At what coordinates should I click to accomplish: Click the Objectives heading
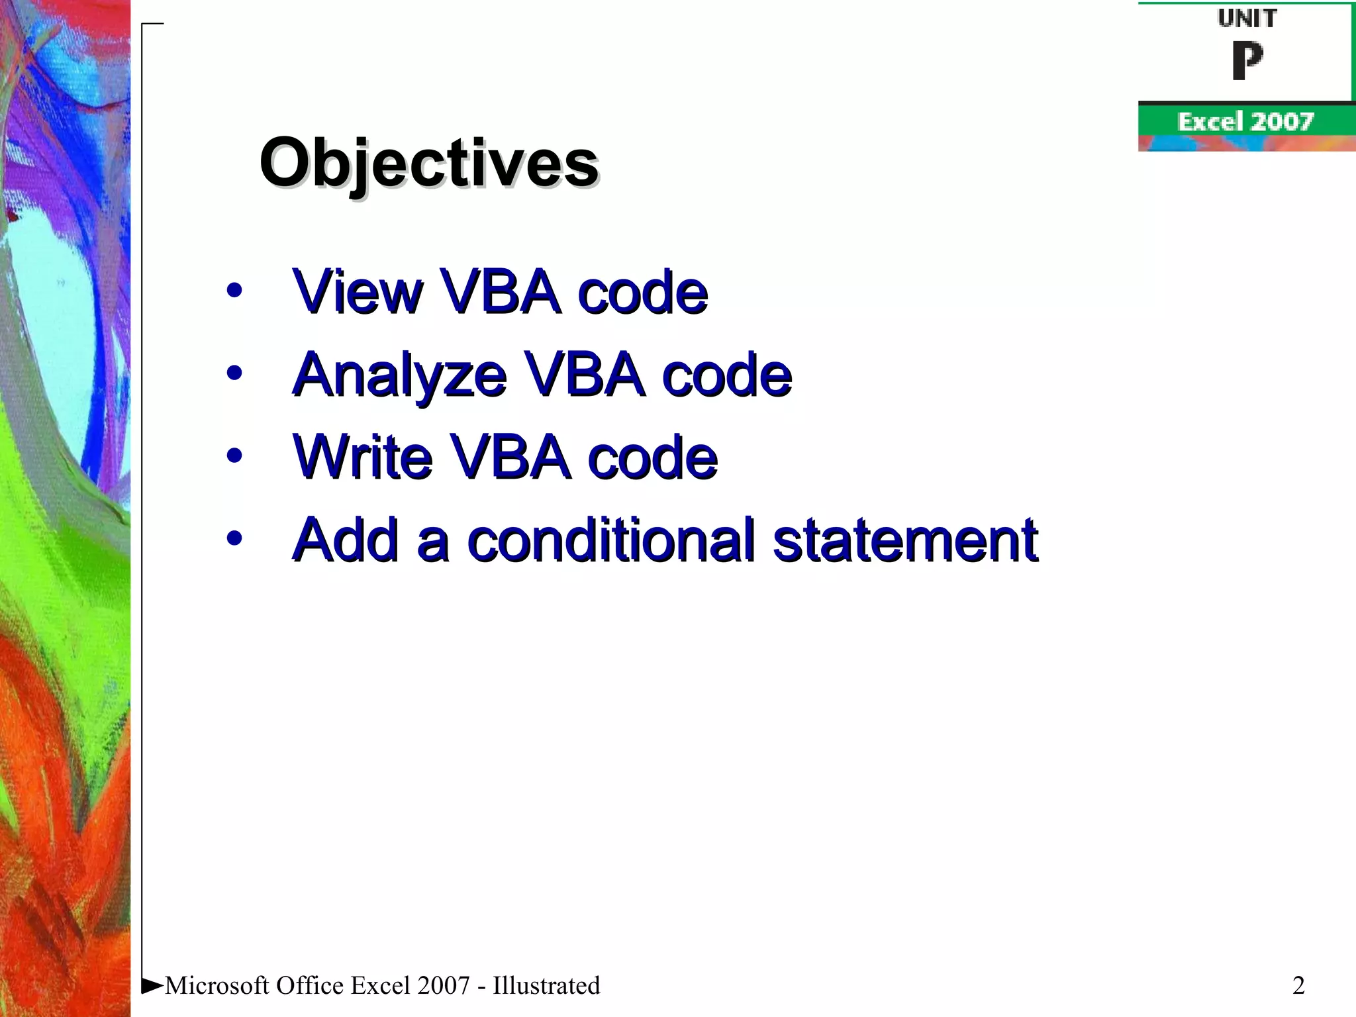click(x=429, y=163)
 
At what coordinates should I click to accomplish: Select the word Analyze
click(x=400, y=375)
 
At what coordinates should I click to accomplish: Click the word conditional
click(x=610, y=540)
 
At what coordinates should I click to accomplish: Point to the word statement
click(x=905, y=540)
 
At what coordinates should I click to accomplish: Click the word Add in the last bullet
click(x=346, y=540)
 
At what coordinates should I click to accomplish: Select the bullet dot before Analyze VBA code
click(x=234, y=373)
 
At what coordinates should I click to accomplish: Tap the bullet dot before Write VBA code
click(x=234, y=456)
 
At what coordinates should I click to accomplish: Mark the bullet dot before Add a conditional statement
click(x=234, y=538)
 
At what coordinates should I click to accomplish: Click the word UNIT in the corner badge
click(x=1247, y=19)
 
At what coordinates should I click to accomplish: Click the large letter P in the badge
click(x=1247, y=61)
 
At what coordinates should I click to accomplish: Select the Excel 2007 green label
click(x=1245, y=122)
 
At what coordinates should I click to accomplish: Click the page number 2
click(x=1298, y=985)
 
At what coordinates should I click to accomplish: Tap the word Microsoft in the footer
click(x=217, y=985)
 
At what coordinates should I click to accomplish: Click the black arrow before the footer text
click(x=152, y=985)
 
